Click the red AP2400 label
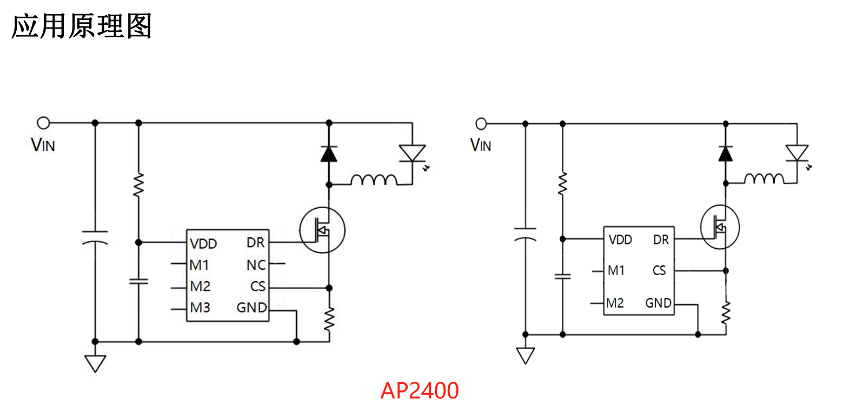[x=419, y=390]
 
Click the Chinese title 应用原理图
[x=81, y=26]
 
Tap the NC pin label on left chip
[x=256, y=265]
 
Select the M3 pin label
[x=200, y=308]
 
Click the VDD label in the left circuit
[x=203, y=244]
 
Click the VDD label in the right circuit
[x=620, y=240]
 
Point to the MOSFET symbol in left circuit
[x=322, y=230]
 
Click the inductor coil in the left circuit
[x=373, y=180]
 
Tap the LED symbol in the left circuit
[x=412, y=153]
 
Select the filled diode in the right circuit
[x=725, y=154]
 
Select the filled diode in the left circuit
[x=328, y=154]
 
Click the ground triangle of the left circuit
[x=95, y=362]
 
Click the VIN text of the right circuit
[x=480, y=145]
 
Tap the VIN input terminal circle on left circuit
[x=43, y=123]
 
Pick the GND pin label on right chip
[x=658, y=303]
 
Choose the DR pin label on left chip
[x=255, y=243]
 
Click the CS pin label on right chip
[x=659, y=270]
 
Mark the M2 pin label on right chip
[x=615, y=303]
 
